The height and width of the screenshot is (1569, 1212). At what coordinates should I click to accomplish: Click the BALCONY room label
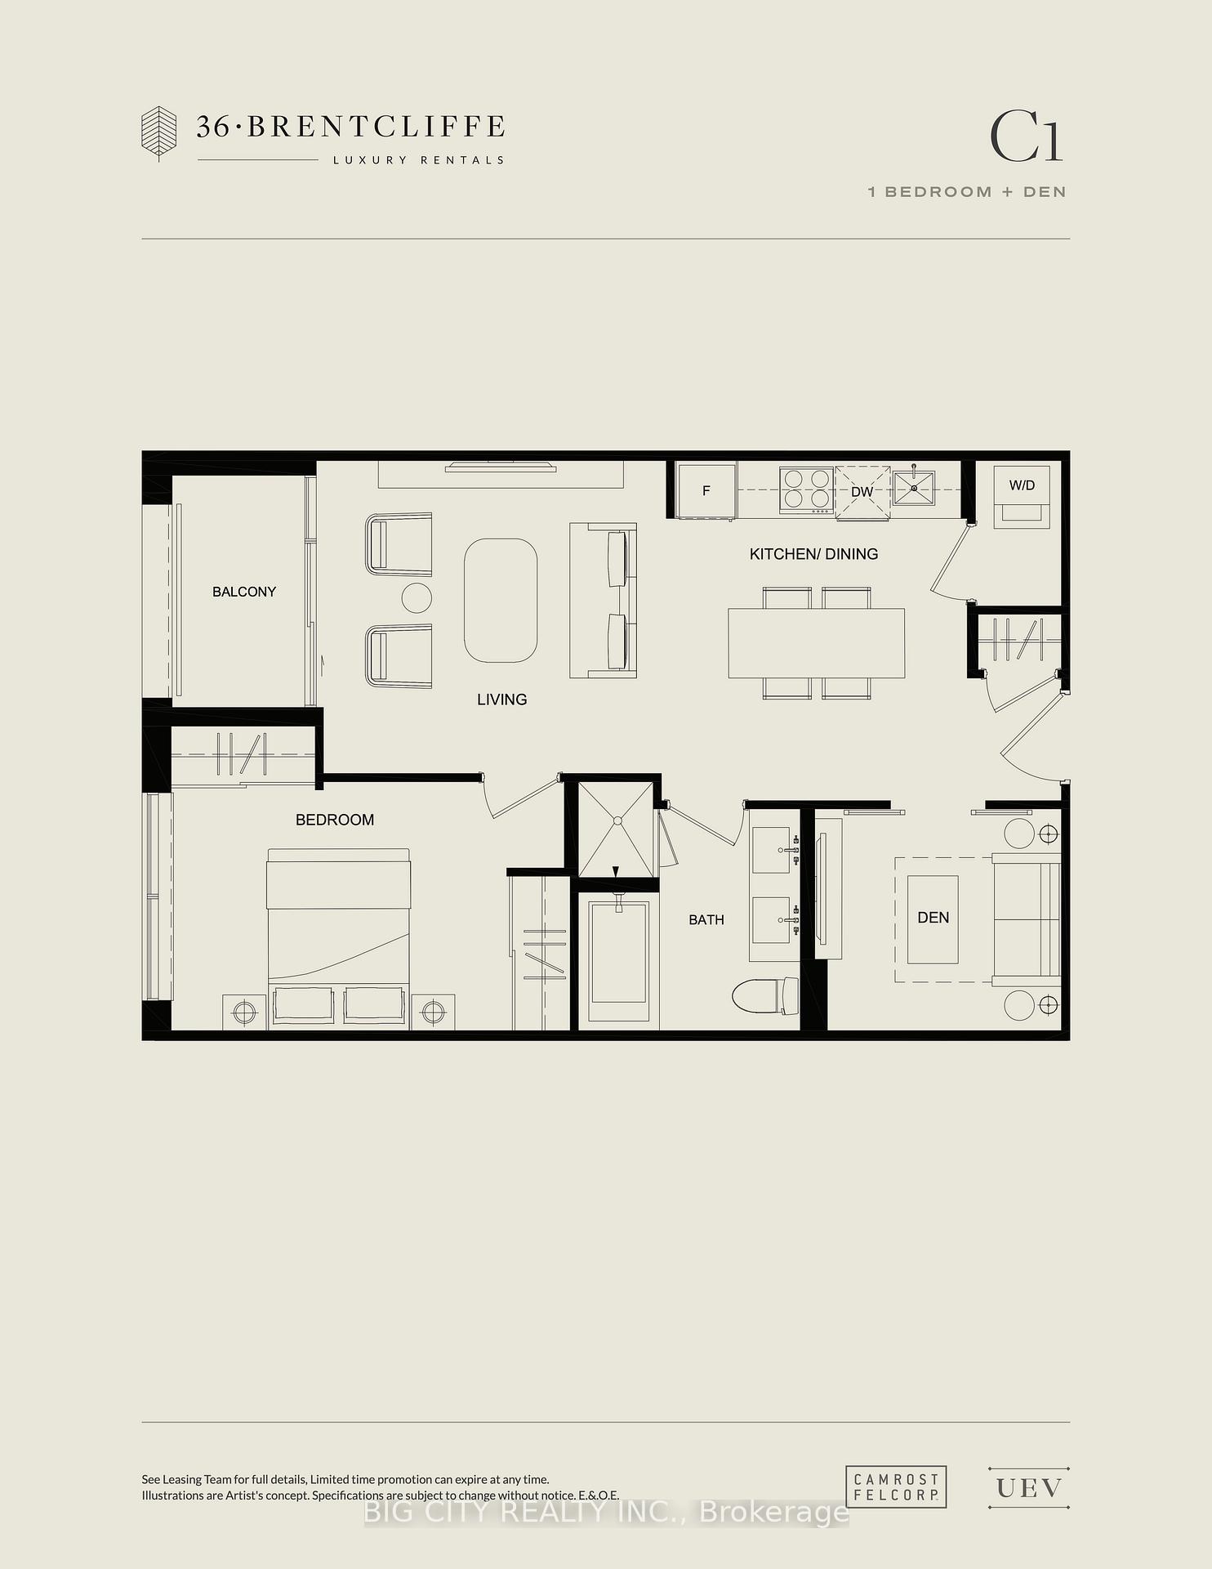(x=244, y=592)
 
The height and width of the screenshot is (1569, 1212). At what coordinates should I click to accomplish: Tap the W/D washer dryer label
(x=1022, y=485)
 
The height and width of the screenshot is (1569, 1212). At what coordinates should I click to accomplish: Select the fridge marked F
(x=706, y=490)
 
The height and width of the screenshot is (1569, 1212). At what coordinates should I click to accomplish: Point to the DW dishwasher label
(x=862, y=492)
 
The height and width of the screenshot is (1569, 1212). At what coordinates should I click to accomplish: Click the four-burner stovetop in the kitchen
(x=806, y=489)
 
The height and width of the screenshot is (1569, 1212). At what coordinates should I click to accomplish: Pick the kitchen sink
(x=915, y=487)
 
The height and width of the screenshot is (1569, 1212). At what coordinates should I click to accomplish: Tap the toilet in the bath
(x=766, y=996)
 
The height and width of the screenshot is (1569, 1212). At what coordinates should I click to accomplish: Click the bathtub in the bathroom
(x=619, y=960)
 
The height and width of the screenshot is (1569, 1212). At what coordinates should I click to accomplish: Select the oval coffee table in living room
(x=501, y=600)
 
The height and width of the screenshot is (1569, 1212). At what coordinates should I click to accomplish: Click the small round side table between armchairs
(x=417, y=599)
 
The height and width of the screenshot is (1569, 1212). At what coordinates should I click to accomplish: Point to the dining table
(x=817, y=643)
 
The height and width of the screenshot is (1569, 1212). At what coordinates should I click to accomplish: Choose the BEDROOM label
(x=335, y=820)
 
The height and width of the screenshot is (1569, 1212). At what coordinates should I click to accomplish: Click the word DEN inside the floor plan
(x=934, y=918)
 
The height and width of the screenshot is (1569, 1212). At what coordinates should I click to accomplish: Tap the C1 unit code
(x=1027, y=136)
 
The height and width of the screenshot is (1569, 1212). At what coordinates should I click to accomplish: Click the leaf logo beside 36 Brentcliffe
(x=158, y=132)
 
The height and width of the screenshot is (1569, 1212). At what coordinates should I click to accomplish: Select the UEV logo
(x=1029, y=1488)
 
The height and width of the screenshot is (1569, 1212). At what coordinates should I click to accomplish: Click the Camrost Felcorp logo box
(x=896, y=1486)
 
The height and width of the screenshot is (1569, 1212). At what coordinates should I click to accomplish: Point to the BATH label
(x=706, y=920)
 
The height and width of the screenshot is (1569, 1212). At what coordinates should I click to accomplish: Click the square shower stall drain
(x=617, y=821)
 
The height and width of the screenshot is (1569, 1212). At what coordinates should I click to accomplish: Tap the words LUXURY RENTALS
(x=418, y=160)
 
